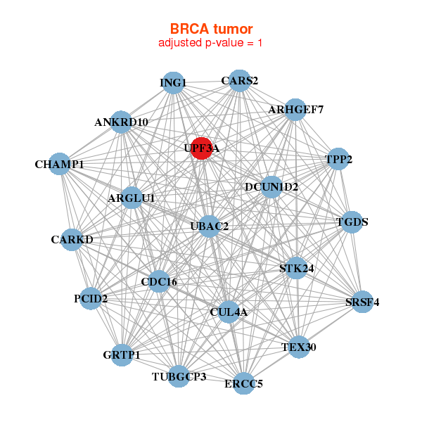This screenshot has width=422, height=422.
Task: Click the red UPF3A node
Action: (x=202, y=148)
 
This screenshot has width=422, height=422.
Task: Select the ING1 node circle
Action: (x=174, y=83)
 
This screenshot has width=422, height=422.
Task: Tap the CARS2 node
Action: (x=240, y=81)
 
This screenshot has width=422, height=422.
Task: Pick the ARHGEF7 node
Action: (x=295, y=110)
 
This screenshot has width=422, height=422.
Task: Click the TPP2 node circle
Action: (x=338, y=159)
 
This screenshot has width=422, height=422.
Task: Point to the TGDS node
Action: (x=352, y=222)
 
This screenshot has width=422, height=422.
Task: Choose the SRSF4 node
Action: (x=362, y=302)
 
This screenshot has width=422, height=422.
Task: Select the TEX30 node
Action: (x=299, y=347)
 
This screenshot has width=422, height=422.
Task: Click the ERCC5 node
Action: (x=243, y=383)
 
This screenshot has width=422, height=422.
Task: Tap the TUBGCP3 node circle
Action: (x=179, y=376)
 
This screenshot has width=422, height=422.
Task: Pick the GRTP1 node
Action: (x=122, y=355)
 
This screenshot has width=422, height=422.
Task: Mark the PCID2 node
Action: (x=91, y=298)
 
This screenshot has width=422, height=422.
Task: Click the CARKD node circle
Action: (x=72, y=240)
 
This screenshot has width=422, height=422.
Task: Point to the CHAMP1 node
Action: (x=59, y=164)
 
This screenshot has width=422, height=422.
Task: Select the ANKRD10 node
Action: (x=121, y=122)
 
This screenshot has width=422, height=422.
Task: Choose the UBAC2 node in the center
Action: (x=209, y=226)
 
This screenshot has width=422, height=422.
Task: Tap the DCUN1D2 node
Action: (x=271, y=187)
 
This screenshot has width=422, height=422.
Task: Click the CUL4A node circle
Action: (x=229, y=312)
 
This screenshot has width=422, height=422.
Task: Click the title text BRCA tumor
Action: (x=211, y=29)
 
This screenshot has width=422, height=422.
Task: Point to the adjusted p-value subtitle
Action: (x=210, y=43)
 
